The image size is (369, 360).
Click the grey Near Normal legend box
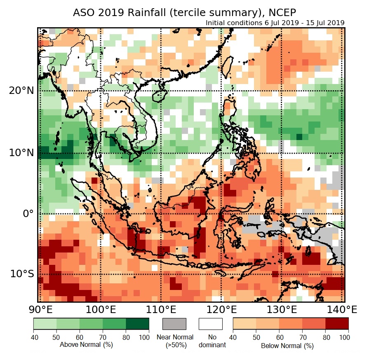[x=174, y=324]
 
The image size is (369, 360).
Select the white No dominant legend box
[x=210, y=324]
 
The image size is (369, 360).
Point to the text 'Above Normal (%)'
[x=86, y=344]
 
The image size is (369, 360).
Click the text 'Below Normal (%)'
[x=287, y=346]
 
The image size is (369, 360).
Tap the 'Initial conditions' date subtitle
[x=275, y=23]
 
